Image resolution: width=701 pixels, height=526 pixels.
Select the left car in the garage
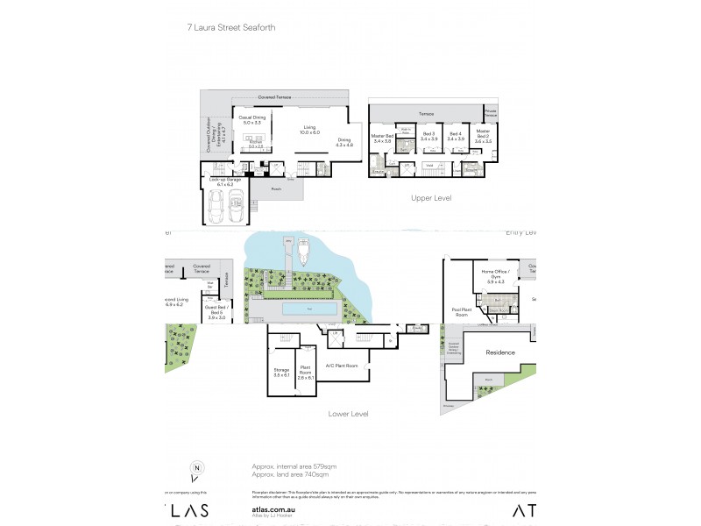(x=216, y=209)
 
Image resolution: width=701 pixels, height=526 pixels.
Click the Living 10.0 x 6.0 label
(x=309, y=131)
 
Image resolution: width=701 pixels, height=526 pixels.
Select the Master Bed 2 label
(x=483, y=136)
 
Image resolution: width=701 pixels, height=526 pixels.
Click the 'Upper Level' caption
(x=430, y=198)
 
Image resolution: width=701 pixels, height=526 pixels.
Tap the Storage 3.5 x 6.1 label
(x=281, y=373)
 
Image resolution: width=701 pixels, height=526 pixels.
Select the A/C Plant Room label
(x=341, y=365)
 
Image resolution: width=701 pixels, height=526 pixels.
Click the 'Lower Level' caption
(x=348, y=412)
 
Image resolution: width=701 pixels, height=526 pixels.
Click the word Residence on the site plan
(x=500, y=352)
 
